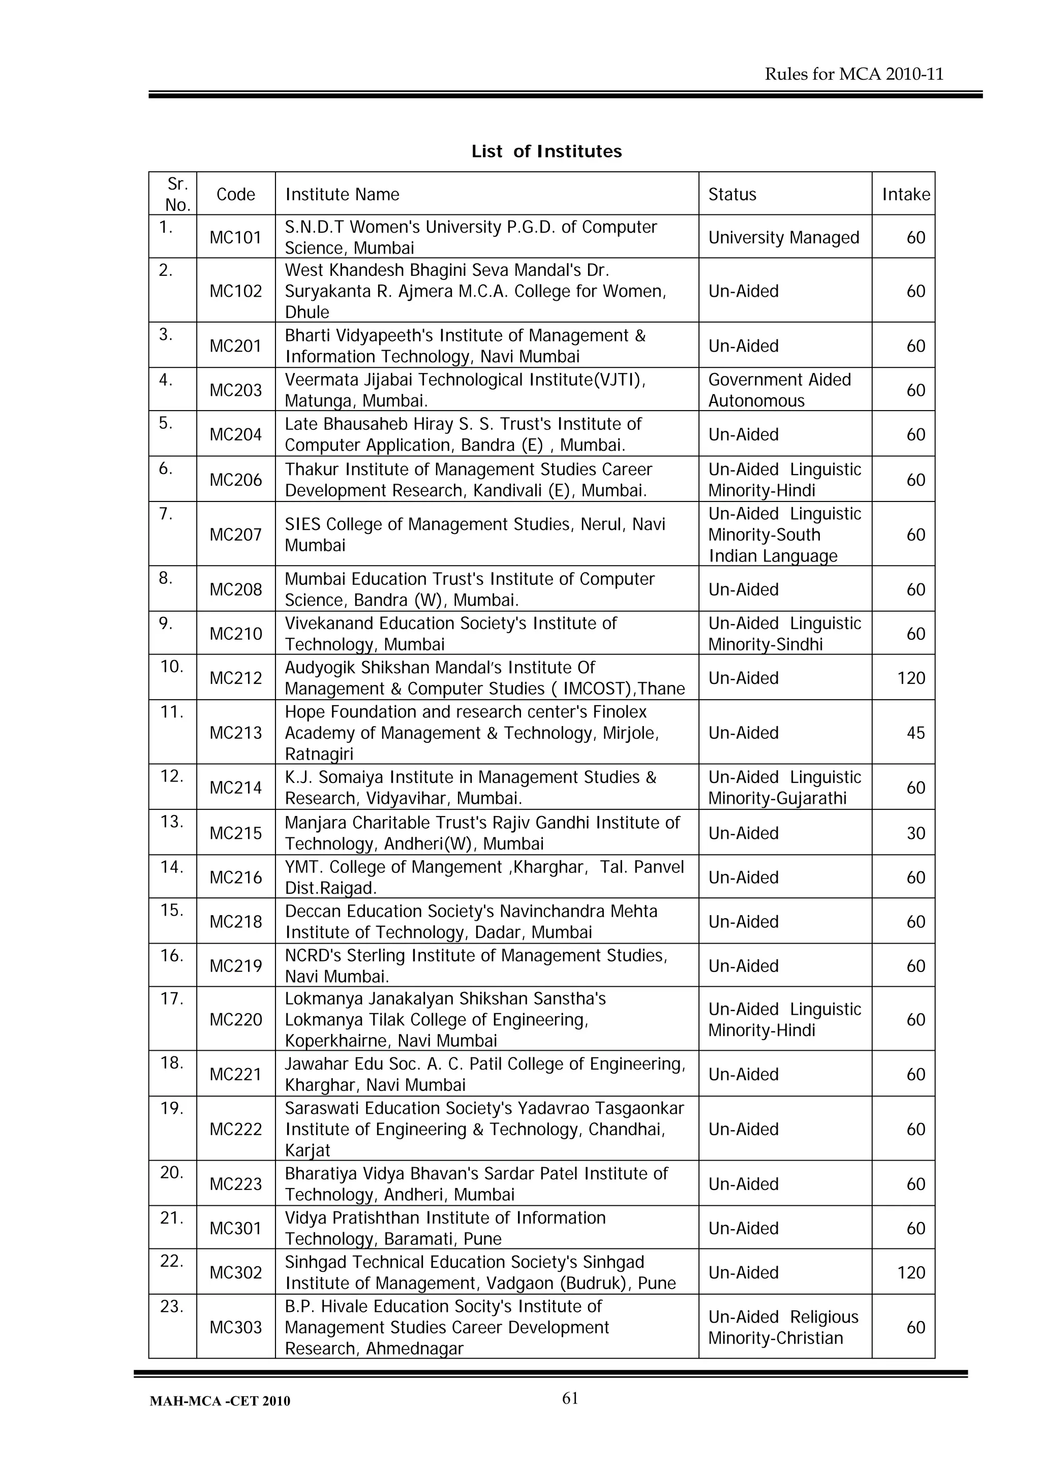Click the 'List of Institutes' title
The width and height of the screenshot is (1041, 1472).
click(x=546, y=151)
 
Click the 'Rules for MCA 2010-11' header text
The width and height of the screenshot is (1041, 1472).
click(x=854, y=74)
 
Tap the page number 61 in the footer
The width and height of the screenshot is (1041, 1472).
click(x=570, y=1398)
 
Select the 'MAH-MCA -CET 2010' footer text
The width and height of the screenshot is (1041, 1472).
click(x=220, y=1401)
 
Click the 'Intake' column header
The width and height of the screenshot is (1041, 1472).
click(x=905, y=194)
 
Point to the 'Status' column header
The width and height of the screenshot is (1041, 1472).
click(x=732, y=194)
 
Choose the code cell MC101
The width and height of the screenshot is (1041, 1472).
click(x=235, y=237)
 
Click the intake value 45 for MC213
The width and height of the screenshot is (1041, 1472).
click(x=915, y=733)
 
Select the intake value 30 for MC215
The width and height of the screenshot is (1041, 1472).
click(x=915, y=833)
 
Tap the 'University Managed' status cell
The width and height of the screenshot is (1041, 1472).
click(x=783, y=237)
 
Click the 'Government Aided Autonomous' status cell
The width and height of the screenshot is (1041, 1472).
click(x=779, y=390)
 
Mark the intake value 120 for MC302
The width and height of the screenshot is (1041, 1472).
click(x=911, y=1273)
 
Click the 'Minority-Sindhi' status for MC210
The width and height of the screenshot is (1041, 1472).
click(x=764, y=644)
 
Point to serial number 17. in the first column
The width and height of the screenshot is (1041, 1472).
click(x=172, y=999)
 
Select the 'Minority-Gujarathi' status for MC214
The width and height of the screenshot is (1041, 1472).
click(x=777, y=798)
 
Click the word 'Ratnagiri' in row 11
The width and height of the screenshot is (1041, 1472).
click(x=319, y=754)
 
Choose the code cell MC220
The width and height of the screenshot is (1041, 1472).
click(x=235, y=1020)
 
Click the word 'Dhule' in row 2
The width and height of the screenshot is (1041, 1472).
click(x=307, y=312)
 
